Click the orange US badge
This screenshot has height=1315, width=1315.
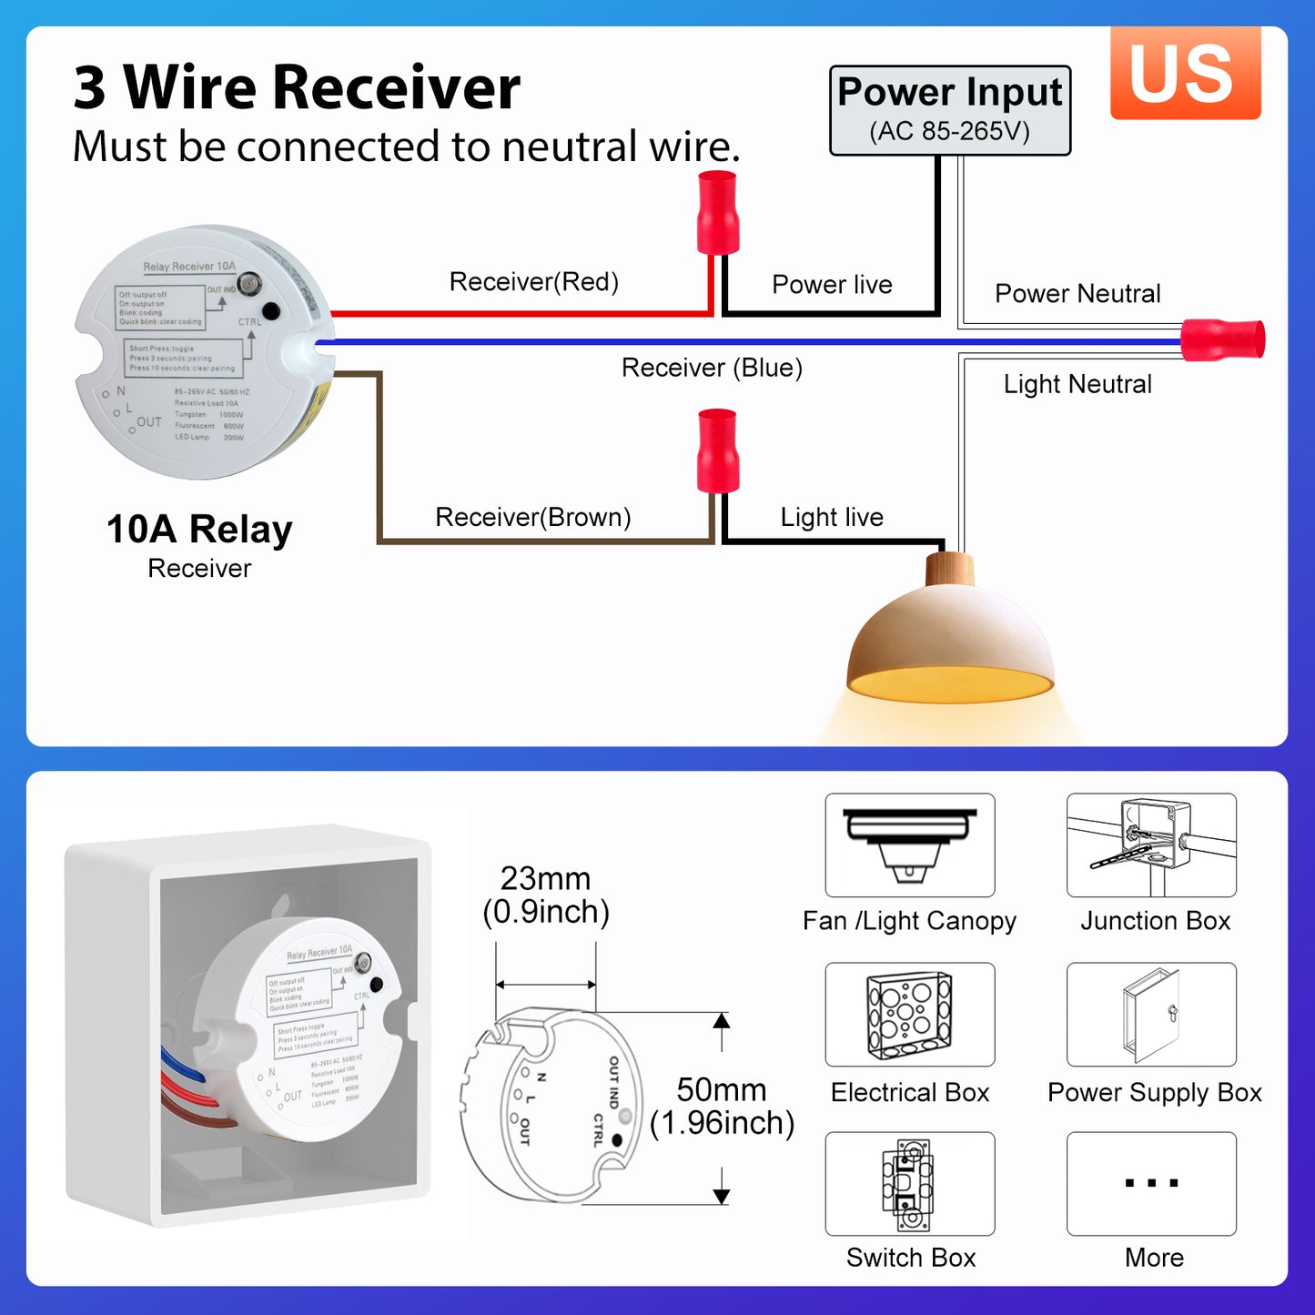tap(1185, 73)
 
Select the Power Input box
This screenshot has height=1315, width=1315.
tap(949, 110)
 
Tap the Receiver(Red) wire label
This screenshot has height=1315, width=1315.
tap(533, 282)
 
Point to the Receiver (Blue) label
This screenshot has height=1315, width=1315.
tap(712, 368)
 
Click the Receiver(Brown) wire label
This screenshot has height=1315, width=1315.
tap(532, 517)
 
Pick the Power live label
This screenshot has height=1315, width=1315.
tap(832, 285)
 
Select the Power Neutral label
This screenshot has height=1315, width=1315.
tap(1077, 294)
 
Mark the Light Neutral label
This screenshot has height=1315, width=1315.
tap(1077, 384)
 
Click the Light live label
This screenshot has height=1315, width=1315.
tap(832, 517)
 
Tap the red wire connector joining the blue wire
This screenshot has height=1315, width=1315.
tap(1222, 340)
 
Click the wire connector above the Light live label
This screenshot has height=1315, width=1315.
tap(717, 450)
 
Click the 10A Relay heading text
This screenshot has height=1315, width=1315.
tap(199, 529)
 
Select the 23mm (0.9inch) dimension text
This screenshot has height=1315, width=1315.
tap(546, 895)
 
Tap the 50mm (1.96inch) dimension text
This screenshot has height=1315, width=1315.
tap(722, 1107)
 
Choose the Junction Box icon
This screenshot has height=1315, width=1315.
tap(1151, 845)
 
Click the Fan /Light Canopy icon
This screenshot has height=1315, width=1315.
tap(909, 845)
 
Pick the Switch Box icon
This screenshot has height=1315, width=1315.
tap(909, 1183)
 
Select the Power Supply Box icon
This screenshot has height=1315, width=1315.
tap(1151, 1015)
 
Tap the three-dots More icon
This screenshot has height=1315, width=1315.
tap(1151, 1183)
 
